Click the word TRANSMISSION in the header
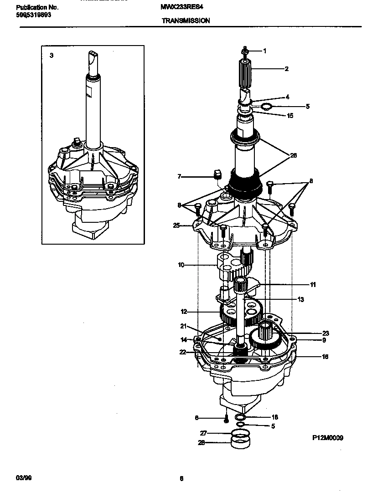[186, 21]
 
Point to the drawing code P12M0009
[327, 438]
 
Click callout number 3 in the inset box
[52, 55]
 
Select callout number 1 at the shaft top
[264, 51]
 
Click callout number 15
[290, 116]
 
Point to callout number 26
[294, 155]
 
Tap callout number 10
[181, 265]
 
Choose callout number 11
[313, 285]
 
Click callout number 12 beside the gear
[184, 312]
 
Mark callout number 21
[183, 326]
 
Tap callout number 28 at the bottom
[201, 442]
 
